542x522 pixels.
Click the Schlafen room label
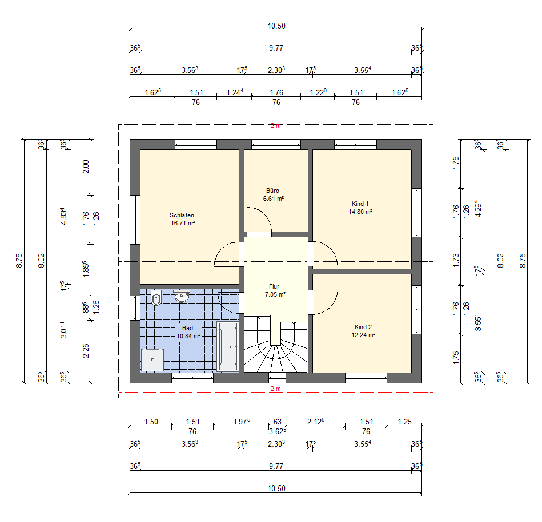pos(182,215)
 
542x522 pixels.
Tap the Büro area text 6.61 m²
pos(274,199)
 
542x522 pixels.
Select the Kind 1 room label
pos(360,204)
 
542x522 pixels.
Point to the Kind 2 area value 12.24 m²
pos(363,335)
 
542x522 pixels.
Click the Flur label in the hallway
pos(274,286)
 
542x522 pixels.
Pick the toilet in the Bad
pos(156,297)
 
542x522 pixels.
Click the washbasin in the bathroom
pos(182,296)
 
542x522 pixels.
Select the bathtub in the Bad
pos(228,347)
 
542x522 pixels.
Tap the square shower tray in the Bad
pos(152,360)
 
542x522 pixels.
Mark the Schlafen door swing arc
pos(222,249)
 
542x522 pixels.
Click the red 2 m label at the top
pos(275,126)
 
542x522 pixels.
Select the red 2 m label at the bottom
pos(275,389)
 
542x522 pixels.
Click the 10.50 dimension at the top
pos(276,26)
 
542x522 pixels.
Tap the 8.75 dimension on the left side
pos(19,261)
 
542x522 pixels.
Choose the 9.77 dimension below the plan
pos(276,466)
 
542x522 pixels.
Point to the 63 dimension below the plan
pos(278,422)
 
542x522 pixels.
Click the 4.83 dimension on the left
pos(63,216)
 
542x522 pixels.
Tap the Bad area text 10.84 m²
pos(188,336)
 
